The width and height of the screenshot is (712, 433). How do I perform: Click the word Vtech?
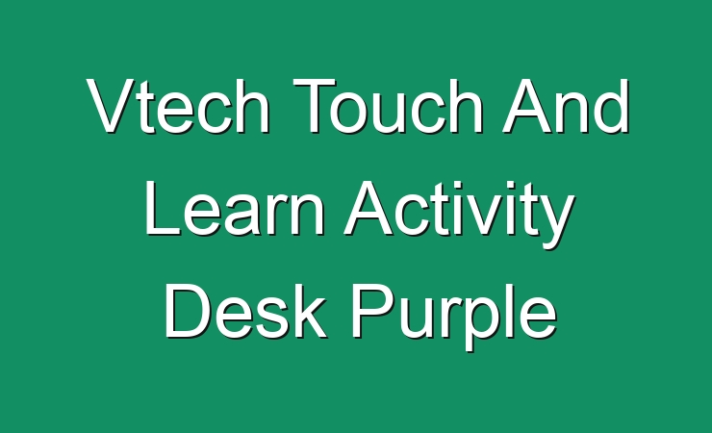click(178, 106)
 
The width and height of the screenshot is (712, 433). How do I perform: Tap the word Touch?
click(388, 106)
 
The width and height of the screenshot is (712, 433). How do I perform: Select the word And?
click(566, 106)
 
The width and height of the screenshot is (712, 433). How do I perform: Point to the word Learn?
click(235, 208)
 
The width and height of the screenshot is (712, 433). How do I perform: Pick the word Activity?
click(459, 215)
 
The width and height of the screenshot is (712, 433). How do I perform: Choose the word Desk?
click(245, 312)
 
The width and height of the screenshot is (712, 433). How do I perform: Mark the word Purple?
click(454, 317)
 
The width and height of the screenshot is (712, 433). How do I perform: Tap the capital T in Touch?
click(315, 106)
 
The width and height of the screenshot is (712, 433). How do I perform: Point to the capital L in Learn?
click(163, 208)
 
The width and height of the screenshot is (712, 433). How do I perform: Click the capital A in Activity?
click(369, 208)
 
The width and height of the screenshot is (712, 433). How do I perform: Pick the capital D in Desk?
click(188, 312)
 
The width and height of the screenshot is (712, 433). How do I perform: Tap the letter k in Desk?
click(311, 312)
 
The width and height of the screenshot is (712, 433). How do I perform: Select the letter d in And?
click(611, 107)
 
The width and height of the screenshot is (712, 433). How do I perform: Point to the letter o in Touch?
click(349, 114)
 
